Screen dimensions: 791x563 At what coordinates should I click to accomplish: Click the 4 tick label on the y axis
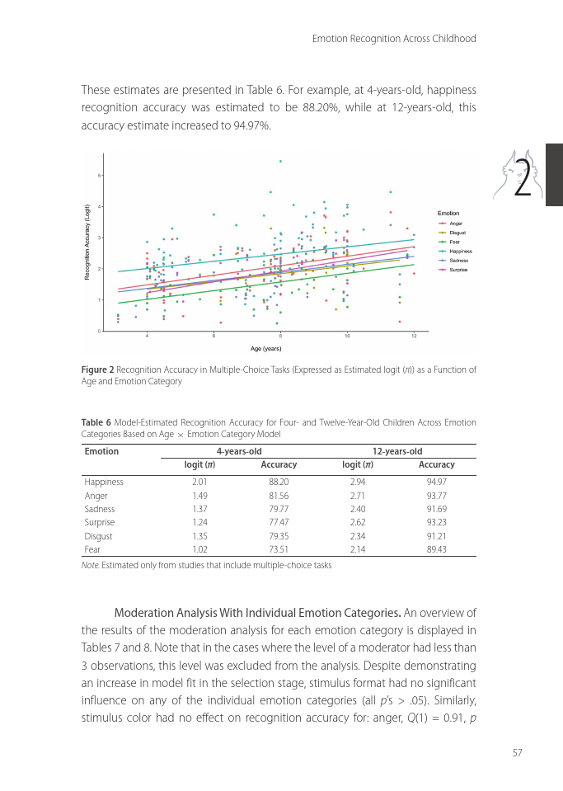click(x=100, y=206)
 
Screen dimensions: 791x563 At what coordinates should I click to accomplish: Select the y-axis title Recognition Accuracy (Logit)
click(x=87, y=241)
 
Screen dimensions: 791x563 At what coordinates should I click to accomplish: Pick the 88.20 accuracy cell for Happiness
click(x=279, y=482)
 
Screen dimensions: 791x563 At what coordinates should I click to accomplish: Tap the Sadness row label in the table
click(x=100, y=509)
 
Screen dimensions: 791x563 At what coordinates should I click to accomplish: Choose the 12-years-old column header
click(x=397, y=451)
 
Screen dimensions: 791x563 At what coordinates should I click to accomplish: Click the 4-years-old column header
click(x=239, y=451)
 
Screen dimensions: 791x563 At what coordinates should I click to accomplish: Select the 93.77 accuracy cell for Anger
click(x=436, y=496)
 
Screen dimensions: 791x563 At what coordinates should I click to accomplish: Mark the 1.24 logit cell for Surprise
click(x=199, y=522)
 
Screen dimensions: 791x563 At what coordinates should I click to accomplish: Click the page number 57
click(x=517, y=752)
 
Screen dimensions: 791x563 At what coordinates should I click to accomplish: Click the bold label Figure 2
click(x=97, y=370)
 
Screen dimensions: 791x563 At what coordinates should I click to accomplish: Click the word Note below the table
click(x=91, y=566)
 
